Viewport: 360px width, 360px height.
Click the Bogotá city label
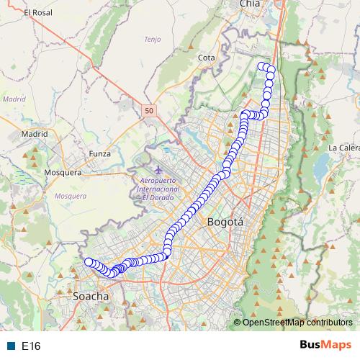pyautogui.click(x=225, y=222)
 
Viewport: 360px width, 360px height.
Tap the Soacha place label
pyautogui.click(x=91, y=296)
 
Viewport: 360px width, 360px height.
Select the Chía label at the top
pyautogui.click(x=249, y=4)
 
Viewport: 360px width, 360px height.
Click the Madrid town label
pyautogui.click(x=35, y=134)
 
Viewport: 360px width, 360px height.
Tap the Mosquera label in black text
pyautogui.click(x=64, y=173)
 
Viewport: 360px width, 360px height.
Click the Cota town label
pyautogui.click(x=207, y=58)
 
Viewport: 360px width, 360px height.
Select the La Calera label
pyautogui.click(x=343, y=148)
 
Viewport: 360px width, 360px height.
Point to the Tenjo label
pyautogui.click(x=153, y=40)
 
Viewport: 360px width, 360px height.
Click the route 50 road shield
pyautogui.click(x=148, y=110)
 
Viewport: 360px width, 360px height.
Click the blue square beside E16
pyautogui.click(x=11, y=346)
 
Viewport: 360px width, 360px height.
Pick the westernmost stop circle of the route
pyautogui.click(x=88, y=262)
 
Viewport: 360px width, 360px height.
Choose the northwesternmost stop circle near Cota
pyautogui.click(x=261, y=66)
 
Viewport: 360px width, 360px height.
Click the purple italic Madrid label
pyautogui.click(x=14, y=99)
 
